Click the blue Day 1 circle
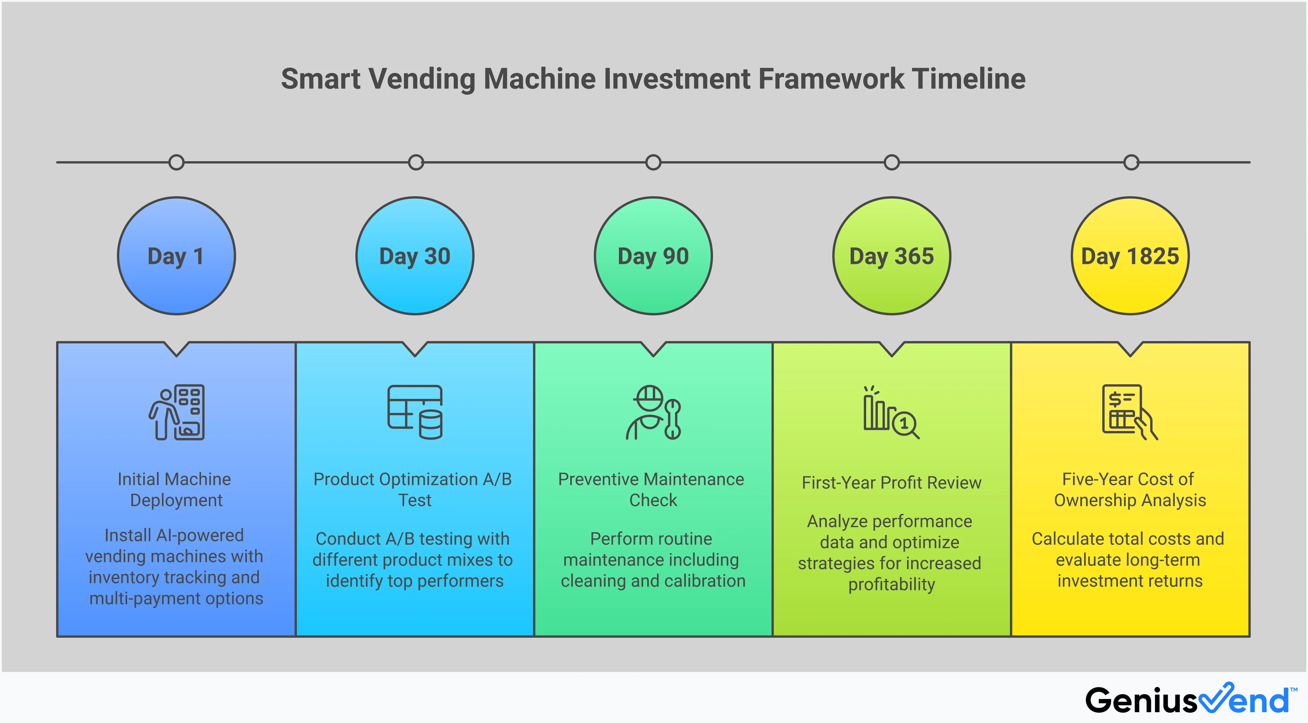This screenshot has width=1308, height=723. coord(176,256)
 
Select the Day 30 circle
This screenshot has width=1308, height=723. coord(415,256)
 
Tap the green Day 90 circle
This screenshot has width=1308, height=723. coord(653,256)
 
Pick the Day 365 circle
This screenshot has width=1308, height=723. coord(892,256)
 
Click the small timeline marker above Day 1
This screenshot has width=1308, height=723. coord(176,162)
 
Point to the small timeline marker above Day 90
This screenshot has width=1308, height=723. coord(653,162)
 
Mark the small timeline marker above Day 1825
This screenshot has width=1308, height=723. coord(1131,162)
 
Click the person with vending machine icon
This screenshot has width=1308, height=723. coord(177,412)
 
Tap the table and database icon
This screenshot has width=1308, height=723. coord(415,412)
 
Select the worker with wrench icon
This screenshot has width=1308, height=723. coord(653,412)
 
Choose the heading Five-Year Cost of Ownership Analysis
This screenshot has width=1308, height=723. coord(1129,490)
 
